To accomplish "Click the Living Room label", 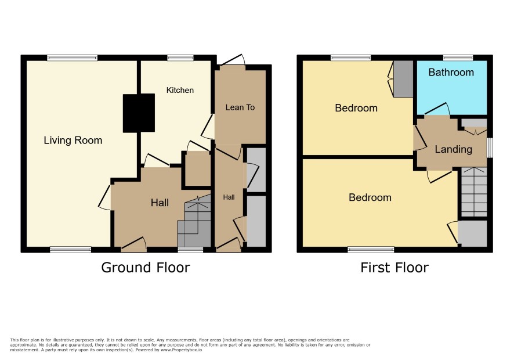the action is (x=73, y=141).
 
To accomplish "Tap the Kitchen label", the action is (x=180, y=90).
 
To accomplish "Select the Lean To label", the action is (x=240, y=107).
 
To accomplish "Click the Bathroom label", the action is (x=451, y=72).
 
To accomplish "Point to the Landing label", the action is (x=453, y=149).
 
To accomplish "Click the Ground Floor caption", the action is (x=146, y=268).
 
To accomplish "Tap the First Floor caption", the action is (x=394, y=268).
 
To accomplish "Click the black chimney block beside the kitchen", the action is (x=139, y=113).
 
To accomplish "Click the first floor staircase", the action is (x=474, y=192).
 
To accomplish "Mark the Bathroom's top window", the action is (x=458, y=58).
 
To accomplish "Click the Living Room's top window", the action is (x=72, y=58).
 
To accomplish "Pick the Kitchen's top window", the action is (x=180, y=58).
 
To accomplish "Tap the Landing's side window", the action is (x=490, y=147).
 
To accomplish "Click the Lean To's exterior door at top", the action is (x=233, y=61).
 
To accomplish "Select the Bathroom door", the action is (x=437, y=110).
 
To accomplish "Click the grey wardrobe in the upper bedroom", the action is (x=403, y=79).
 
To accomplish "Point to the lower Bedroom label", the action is (x=370, y=197).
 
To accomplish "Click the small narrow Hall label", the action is (x=229, y=197).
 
